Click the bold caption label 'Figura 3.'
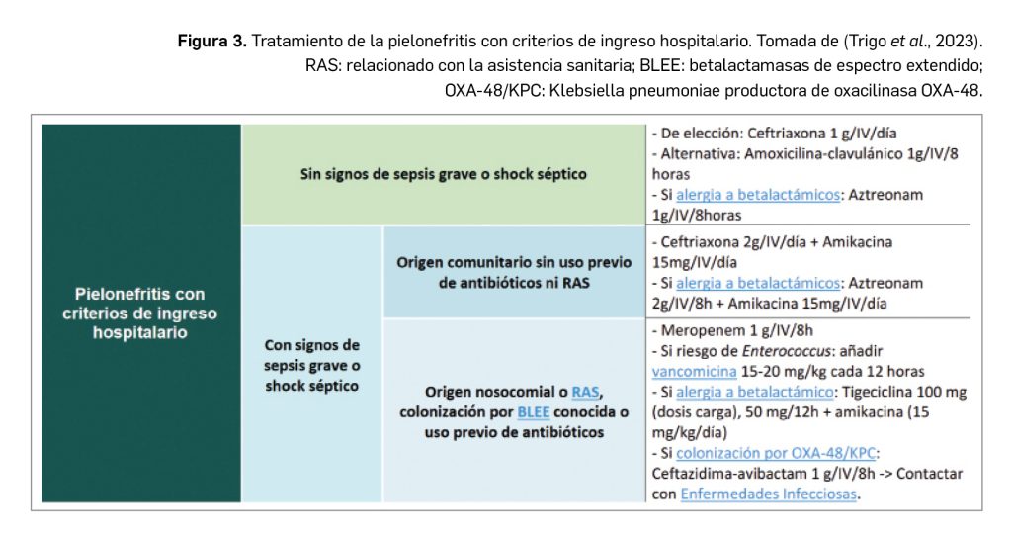211,42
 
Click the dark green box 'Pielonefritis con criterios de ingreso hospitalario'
141,313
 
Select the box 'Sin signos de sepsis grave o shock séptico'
443,175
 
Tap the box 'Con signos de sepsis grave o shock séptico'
311,365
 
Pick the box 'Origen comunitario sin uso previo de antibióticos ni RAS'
514,273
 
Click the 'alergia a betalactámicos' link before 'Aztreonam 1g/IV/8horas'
756,195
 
